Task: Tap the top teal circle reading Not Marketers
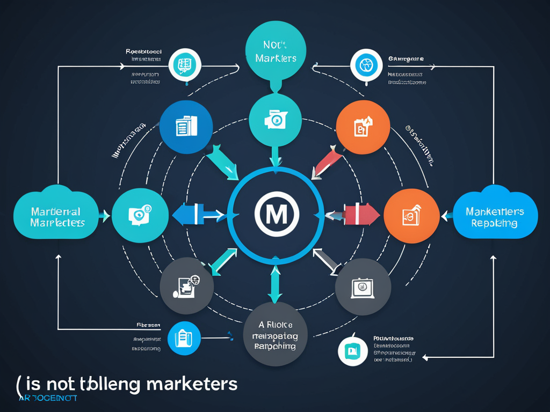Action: [275, 51]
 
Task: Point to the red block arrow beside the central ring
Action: [358, 215]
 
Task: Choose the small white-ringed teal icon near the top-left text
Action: [184, 65]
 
